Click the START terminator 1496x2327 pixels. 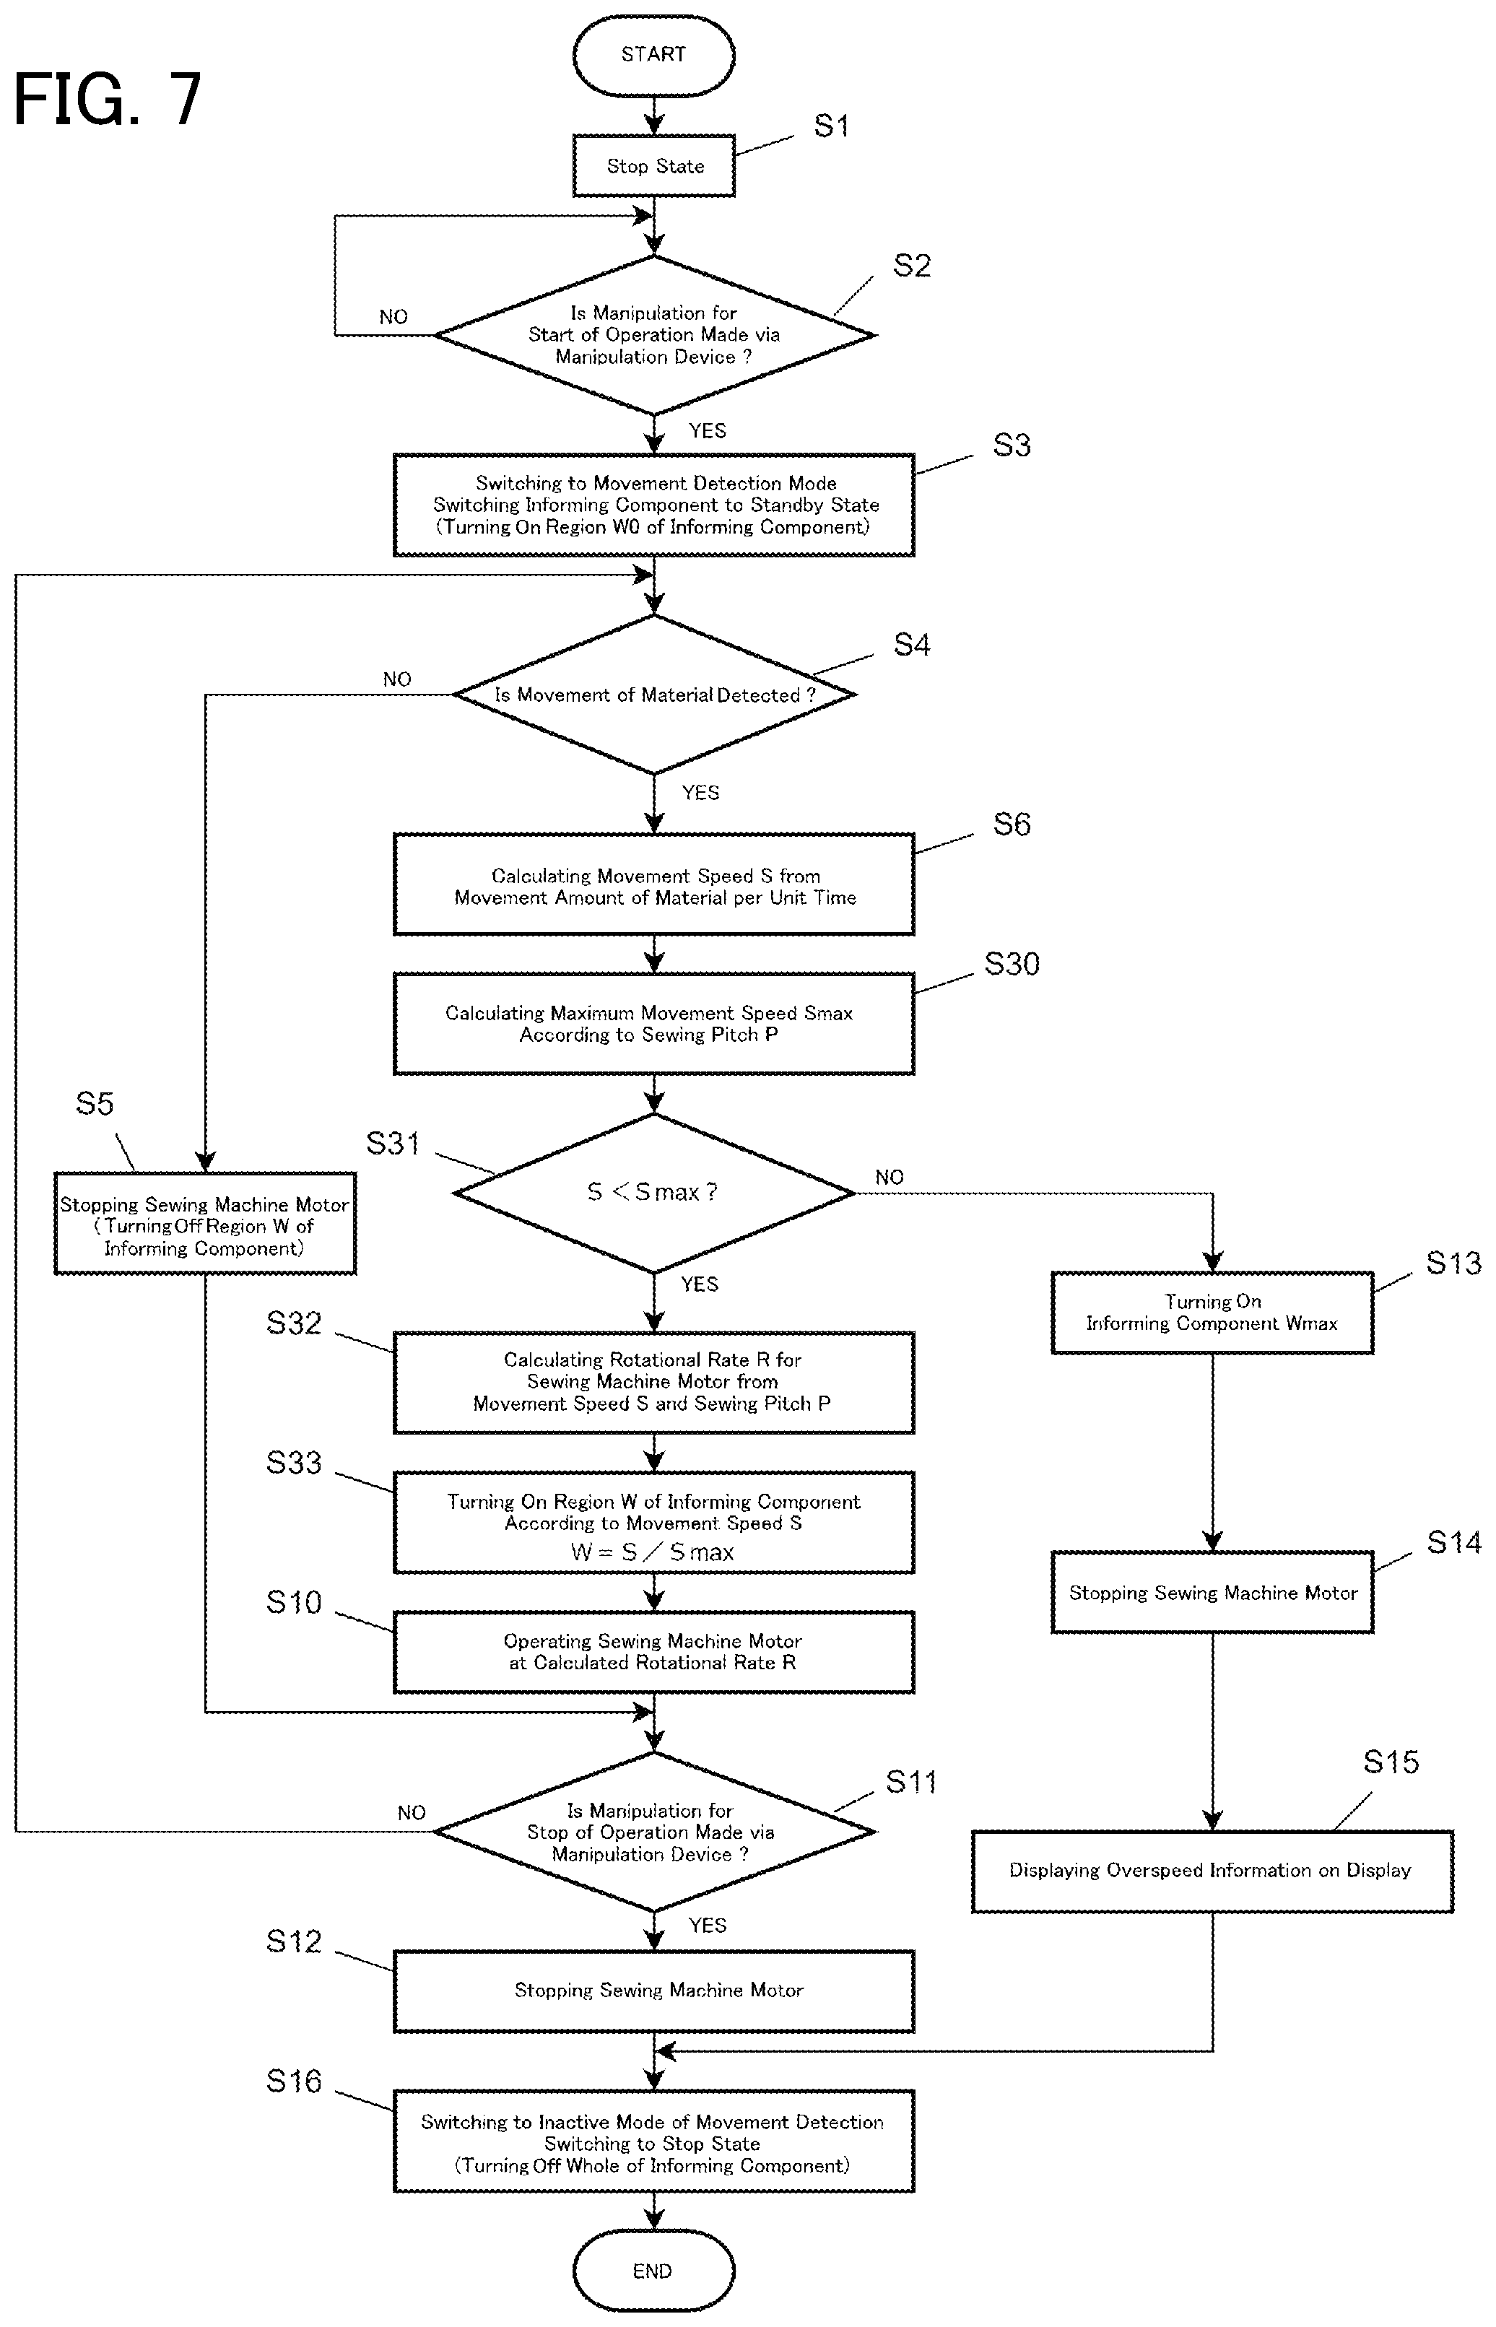pos(653,54)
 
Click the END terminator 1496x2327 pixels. pos(653,2271)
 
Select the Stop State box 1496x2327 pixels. pos(653,166)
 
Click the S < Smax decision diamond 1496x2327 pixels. pos(653,1193)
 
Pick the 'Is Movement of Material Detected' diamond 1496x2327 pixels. pos(653,695)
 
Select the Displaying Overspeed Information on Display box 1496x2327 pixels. pos(1212,1871)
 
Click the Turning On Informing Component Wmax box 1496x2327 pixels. pos(1212,1313)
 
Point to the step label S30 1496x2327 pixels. pos(1012,965)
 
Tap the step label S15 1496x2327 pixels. pos(1391,1762)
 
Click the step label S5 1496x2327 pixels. pos(95,1103)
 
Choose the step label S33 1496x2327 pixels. pos(293,1463)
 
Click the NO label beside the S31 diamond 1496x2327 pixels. pos(889,1177)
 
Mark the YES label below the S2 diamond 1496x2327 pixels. pos(707,430)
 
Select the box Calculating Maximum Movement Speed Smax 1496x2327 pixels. pos(653,1024)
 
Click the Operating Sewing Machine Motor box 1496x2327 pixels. pos(653,1652)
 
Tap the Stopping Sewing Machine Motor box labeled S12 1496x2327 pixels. pos(653,1991)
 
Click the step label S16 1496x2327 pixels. pos(293,2082)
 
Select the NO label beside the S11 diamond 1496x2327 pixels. pos(411,1812)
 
